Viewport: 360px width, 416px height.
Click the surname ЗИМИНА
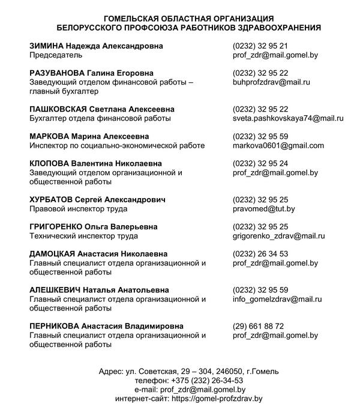48,46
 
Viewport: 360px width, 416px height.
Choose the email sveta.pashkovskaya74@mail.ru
287,118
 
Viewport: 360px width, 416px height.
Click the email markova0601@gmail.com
278,145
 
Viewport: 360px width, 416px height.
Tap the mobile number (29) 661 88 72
258,326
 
